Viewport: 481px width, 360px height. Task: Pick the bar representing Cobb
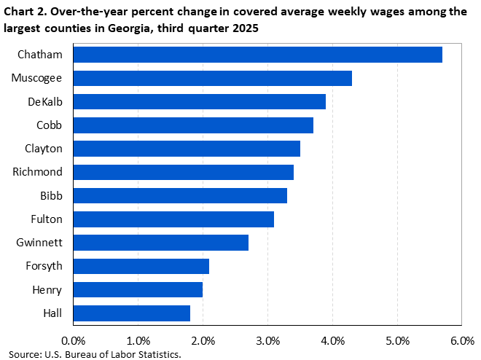point(193,125)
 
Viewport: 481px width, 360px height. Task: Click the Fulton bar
point(173,219)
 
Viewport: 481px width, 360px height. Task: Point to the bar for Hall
point(132,313)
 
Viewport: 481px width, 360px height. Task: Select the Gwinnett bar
point(161,242)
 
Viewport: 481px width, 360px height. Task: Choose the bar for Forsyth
point(141,266)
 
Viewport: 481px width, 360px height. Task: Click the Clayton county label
point(43,149)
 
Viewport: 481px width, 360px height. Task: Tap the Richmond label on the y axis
point(37,172)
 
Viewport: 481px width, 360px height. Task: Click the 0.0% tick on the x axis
point(74,340)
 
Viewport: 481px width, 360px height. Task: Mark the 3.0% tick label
point(267,340)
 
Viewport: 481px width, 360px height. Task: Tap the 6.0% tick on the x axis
point(462,340)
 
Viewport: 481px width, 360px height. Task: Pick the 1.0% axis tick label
point(138,340)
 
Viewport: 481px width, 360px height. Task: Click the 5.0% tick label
point(397,340)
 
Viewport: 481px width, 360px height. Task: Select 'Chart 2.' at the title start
point(28,11)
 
